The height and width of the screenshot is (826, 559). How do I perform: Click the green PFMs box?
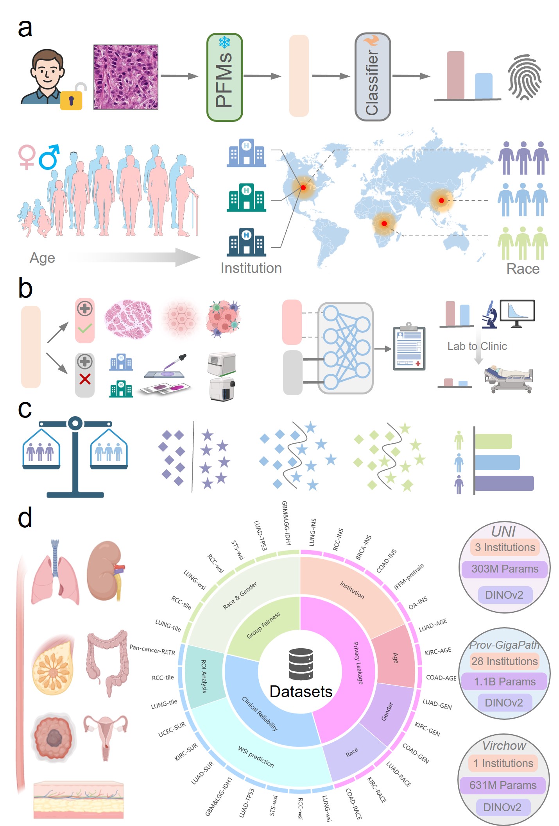[224, 77]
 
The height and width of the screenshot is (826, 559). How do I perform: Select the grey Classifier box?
[373, 77]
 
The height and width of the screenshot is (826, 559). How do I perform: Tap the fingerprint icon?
[524, 77]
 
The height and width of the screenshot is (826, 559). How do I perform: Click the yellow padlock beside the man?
[71, 100]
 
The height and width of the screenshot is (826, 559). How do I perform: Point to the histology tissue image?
[126, 77]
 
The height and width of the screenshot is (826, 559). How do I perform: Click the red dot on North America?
[303, 187]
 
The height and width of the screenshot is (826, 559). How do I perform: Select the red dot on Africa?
[384, 223]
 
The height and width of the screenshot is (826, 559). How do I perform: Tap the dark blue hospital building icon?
[246, 242]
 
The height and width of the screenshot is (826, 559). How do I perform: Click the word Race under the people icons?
[523, 269]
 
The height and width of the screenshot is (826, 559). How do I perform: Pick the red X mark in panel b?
[85, 379]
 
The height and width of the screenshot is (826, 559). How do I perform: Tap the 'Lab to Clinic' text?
[477, 346]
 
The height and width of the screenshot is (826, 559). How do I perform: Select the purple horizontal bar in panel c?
[504, 483]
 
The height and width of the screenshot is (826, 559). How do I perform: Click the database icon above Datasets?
[301, 664]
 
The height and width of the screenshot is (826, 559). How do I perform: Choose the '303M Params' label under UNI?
[505, 569]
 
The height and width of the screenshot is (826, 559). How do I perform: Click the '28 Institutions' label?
[504, 661]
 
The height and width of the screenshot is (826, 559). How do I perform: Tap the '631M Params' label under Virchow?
[503, 785]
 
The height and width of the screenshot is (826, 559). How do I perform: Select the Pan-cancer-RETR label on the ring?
[152, 650]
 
